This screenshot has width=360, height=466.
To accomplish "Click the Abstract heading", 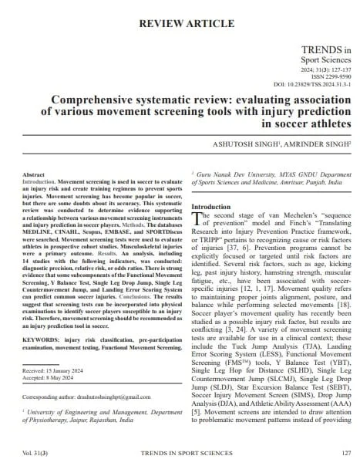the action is pyautogui.click(x=35, y=176).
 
